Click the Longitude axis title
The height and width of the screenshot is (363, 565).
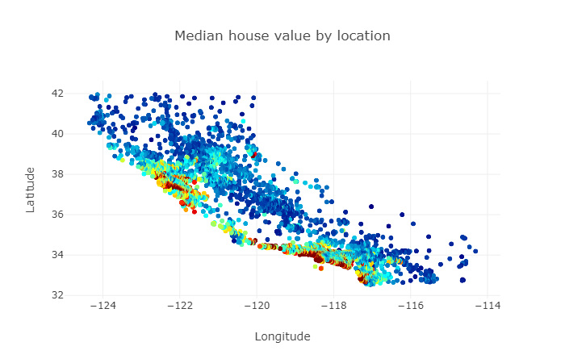[282, 336]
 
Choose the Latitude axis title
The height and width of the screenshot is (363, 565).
[31, 190]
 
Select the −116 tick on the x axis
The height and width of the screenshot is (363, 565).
[411, 307]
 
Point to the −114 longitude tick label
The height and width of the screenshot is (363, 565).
[488, 307]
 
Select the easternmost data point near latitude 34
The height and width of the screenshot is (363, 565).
[475, 252]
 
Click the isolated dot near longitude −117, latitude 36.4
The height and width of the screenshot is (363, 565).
[371, 207]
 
